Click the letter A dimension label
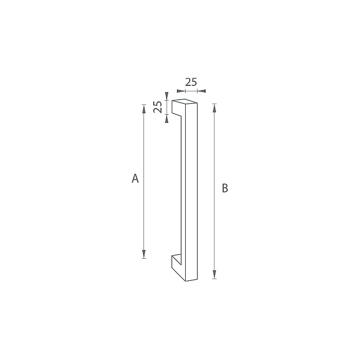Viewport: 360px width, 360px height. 135,178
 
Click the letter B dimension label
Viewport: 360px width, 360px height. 225,188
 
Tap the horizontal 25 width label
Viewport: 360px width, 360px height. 191,82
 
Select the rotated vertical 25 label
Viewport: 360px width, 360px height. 157,107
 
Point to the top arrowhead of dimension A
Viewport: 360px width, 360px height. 144,109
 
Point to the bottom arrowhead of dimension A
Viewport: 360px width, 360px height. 144,254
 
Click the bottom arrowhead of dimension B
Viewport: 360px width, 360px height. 214,274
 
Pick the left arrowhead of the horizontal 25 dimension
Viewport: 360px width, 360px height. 181,91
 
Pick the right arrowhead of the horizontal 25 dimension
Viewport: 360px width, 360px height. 202,91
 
